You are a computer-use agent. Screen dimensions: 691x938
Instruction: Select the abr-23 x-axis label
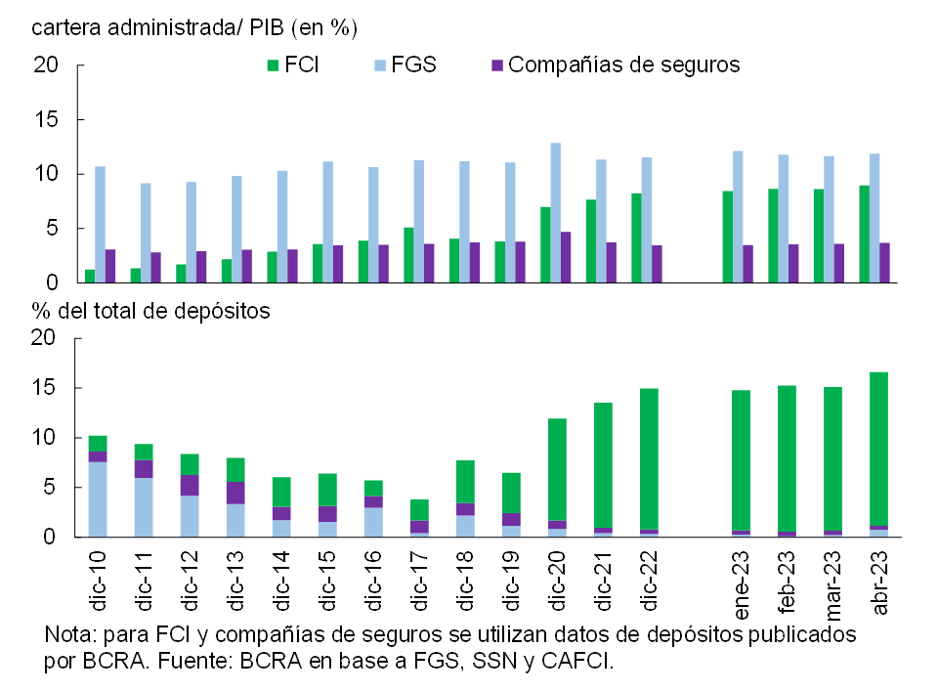pyautogui.click(x=879, y=583)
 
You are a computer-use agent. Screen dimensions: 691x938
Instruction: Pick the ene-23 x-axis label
pyautogui.click(x=741, y=583)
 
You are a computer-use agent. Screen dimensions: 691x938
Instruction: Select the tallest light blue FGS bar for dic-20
pyautogui.click(x=556, y=213)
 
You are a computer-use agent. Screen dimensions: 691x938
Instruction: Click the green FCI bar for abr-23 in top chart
pyautogui.click(x=865, y=235)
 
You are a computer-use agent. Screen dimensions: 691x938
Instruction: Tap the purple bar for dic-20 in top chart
pyautogui.click(x=566, y=257)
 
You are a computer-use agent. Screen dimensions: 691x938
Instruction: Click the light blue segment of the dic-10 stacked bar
pyautogui.click(x=98, y=499)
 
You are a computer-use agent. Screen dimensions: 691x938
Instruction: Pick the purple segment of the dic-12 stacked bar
pyautogui.click(x=190, y=485)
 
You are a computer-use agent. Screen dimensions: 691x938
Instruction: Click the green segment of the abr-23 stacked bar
pyautogui.click(x=879, y=449)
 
